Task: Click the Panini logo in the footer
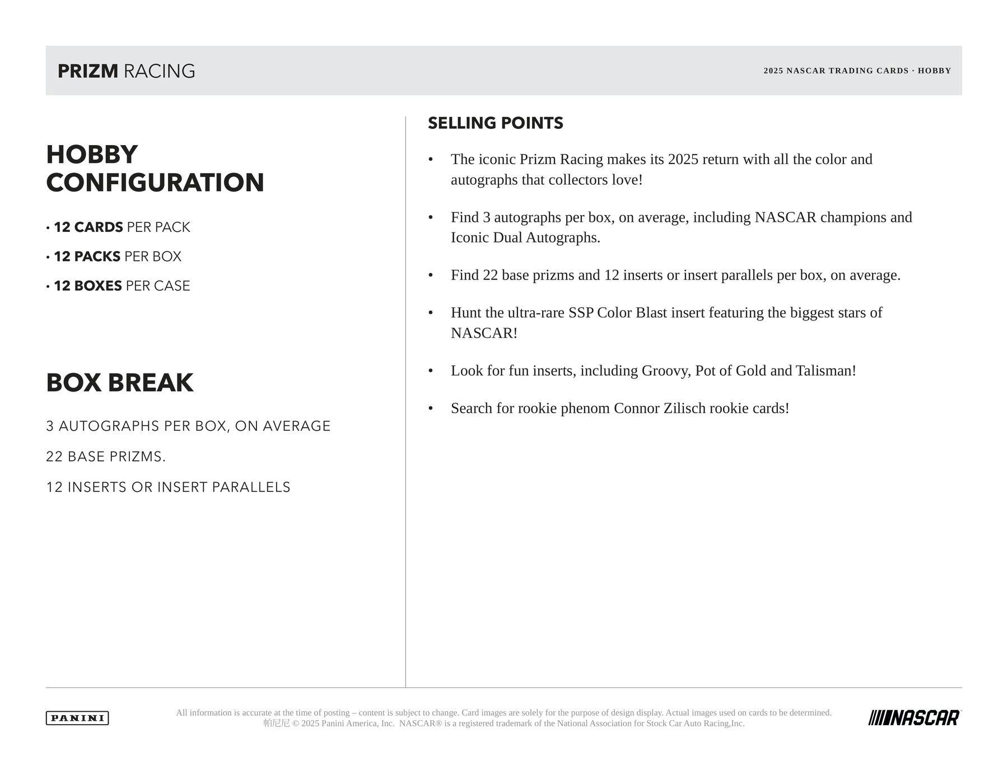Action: pos(77,718)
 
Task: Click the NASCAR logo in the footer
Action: pos(914,718)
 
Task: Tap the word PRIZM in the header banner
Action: pos(88,71)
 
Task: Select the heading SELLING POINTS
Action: pos(495,123)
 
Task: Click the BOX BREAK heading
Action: pos(120,383)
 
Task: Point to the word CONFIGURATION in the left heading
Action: pos(155,183)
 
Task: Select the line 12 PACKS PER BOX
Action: pos(118,256)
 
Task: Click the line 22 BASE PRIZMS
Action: pos(106,457)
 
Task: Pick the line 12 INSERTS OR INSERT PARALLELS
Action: pos(168,487)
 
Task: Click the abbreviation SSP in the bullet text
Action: pos(581,312)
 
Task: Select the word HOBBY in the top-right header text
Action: pos(934,71)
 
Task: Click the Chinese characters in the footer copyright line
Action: pos(277,724)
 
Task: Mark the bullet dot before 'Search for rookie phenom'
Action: pos(431,408)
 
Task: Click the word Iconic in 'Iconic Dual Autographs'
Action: pos(470,237)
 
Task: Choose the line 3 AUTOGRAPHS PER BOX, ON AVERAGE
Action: pos(188,426)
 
